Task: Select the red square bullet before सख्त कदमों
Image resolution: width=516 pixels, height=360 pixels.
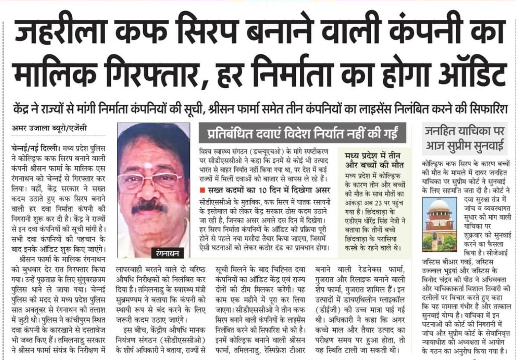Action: pos(202,190)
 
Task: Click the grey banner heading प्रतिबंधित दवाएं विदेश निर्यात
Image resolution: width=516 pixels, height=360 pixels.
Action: pos(302,133)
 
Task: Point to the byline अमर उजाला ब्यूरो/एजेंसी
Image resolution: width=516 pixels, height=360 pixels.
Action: pos(49,128)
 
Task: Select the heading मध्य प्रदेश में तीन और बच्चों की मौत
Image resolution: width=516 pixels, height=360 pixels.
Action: pos(374,160)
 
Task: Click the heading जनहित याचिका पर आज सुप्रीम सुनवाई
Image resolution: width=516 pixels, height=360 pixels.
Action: pos(464,138)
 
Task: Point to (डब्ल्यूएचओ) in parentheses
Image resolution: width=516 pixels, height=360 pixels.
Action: pos(273,151)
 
